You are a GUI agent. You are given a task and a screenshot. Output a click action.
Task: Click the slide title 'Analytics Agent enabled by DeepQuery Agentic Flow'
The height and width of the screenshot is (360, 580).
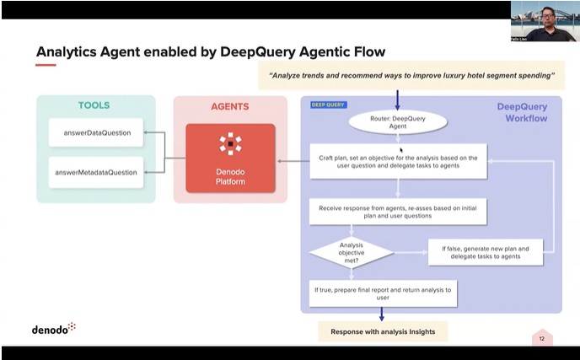tap(210, 52)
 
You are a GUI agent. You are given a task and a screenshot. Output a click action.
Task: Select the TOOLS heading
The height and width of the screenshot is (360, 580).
tap(94, 105)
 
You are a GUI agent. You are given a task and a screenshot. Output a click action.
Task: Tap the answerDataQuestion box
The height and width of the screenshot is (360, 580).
tap(95, 132)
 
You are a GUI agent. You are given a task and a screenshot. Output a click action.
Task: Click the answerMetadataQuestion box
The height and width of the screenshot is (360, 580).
tap(95, 172)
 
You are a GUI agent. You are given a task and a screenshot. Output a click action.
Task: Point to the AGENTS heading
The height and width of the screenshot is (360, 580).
tap(229, 107)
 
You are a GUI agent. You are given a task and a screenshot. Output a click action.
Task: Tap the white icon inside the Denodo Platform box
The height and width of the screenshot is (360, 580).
tap(230, 144)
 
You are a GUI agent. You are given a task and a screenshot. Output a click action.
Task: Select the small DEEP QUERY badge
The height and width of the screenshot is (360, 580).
tap(329, 105)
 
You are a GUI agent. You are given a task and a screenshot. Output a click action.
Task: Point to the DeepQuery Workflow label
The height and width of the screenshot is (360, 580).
tap(521, 112)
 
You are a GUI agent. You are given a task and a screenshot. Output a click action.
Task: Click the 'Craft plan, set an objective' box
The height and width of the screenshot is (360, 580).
tap(399, 162)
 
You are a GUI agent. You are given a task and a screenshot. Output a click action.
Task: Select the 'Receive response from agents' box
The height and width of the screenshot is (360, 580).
tap(399, 211)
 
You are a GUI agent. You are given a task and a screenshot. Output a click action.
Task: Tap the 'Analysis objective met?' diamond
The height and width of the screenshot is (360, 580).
tap(351, 251)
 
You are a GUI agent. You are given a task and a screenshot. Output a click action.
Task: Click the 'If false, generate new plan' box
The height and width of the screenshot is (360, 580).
tap(486, 251)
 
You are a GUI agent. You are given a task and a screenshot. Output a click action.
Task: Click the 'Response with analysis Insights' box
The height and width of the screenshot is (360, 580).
tap(383, 331)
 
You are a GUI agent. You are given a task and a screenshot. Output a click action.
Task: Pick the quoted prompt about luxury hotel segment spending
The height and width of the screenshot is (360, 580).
tap(411, 76)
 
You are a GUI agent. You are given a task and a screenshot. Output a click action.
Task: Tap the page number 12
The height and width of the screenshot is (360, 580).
tap(541, 338)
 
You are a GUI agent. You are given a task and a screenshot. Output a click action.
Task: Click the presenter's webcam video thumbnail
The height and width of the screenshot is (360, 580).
tap(544, 21)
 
